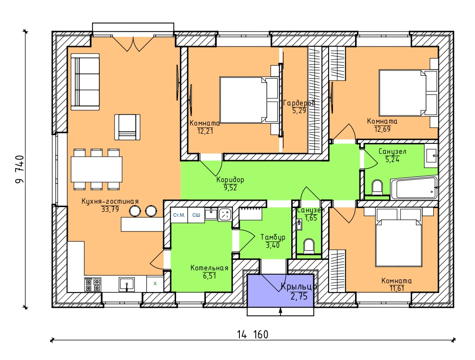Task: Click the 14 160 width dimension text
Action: (x=252, y=335)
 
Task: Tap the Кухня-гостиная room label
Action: (x=110, y=201)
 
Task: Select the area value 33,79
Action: (x=110, y=209)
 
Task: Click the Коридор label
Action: (x=230, y=180)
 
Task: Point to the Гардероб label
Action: (x=299, y=103)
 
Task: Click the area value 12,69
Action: (x=382, y=129)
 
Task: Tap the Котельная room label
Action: (x=209, y=268)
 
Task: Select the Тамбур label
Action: (x=273, y=237)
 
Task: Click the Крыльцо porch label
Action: (x=299, y=286)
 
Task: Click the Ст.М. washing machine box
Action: (x=179, y=215)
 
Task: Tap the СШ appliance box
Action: (x=196, y=215)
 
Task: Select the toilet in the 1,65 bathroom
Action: (x=309, y=246)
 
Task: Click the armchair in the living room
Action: (x=127, y=127)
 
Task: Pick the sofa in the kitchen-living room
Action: (x=85, y=82)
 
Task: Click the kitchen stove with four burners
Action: (x=93, y=284)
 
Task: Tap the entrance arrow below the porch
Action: (x=281, y=312)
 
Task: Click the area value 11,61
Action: (x=397, y=288)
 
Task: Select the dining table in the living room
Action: (x=96, y=169)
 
